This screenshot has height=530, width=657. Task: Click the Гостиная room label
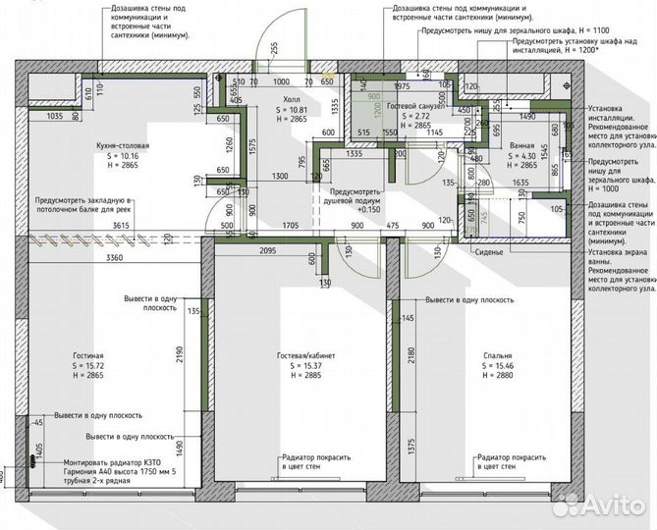(87, 355)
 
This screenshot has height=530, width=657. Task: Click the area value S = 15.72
(88, 365)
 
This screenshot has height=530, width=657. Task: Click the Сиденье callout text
(487, 252)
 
